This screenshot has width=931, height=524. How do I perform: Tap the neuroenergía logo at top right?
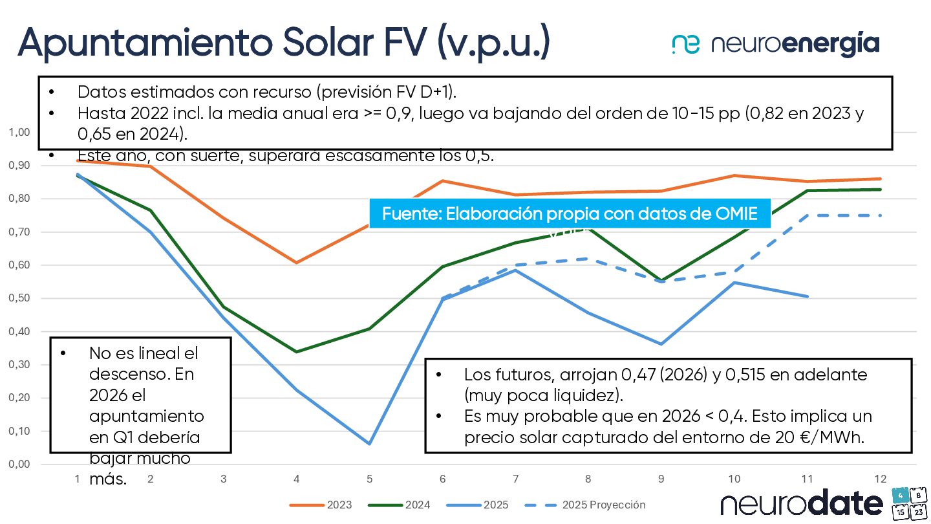775,44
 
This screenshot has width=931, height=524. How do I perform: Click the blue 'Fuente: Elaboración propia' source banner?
570,213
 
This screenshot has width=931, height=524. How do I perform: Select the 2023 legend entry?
321,505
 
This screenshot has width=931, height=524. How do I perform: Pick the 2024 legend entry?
399,505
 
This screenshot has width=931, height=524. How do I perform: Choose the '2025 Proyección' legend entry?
585,505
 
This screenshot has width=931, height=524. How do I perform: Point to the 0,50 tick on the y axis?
19,298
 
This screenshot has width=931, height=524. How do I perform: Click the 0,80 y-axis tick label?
19,199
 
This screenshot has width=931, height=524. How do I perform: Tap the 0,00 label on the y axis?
19,464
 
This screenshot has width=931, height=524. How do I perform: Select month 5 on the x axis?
370,479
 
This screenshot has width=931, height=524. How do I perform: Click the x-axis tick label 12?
880,479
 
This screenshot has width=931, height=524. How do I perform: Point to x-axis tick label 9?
661,479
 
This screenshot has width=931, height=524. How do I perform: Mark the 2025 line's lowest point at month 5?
370,444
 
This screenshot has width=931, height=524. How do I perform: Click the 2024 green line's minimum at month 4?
296,352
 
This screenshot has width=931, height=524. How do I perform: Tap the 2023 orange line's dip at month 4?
296,263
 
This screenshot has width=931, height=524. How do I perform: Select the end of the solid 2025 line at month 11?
808,296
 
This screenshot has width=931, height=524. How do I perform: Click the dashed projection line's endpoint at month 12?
881,215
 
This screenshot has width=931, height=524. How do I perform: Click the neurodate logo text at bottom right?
802,504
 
